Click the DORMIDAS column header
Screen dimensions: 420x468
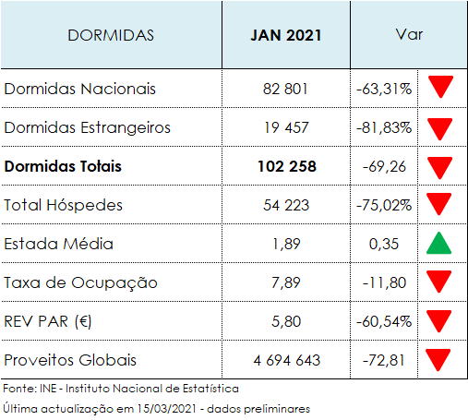(111, 35)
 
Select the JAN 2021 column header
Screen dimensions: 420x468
(286, 35)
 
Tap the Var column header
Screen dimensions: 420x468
(408, 35)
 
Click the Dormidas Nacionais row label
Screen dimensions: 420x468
(80, 90)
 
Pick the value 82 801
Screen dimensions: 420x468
(286, 90)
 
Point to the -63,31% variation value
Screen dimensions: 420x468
(383, 90)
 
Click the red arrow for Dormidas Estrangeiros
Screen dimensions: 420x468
(440, 127)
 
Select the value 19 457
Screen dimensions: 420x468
(286, 128)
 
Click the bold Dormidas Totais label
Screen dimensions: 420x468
(63, 167)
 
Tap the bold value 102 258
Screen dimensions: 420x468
(286, 167)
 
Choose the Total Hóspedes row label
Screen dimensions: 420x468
(64, 205)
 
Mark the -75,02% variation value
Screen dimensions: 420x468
(383, 205)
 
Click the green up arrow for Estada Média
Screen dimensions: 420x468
(440, 244)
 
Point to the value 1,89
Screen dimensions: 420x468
(286, 245)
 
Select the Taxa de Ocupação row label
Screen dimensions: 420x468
(81, 282)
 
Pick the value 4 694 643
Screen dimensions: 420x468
(286, 359)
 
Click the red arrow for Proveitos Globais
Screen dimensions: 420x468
(440, 359)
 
